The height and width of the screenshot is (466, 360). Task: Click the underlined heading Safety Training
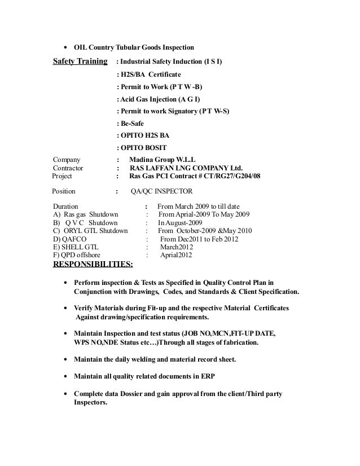point(80,60)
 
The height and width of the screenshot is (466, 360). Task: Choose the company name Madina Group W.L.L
point(162,159)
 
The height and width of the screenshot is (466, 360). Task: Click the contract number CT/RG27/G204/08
point(227,176)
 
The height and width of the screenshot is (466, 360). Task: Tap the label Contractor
point(68,168)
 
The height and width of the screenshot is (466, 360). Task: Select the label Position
point(63,191)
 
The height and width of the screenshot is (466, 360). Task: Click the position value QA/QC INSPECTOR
point(161,191)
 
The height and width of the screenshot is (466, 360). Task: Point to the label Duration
point(65,206)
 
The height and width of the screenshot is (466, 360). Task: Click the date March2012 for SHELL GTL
point(177,247)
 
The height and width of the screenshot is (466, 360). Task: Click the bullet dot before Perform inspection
point(67,283)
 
